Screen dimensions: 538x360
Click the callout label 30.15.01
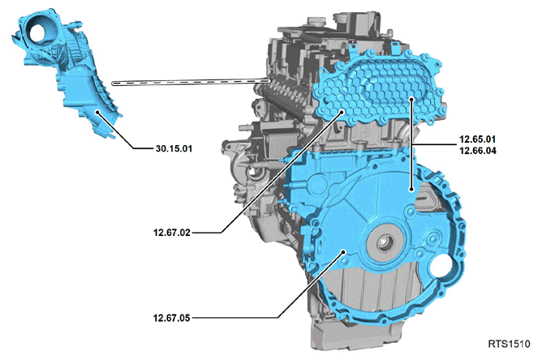tap(174, 149)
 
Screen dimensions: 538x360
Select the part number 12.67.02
tap(171, 233)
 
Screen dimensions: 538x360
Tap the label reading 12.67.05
tap(171, 318)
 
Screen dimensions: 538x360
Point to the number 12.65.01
tap(478, 139)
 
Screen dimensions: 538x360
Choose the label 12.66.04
tap(478, 151)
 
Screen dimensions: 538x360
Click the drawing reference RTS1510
tap(509, 344)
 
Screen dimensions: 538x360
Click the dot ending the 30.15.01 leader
tap(97, 112)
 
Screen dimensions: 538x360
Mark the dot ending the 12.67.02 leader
tap(342, 111)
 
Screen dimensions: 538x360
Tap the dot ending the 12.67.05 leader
tap(342, 252)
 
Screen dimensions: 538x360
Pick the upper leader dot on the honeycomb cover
tap(411, 99)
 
